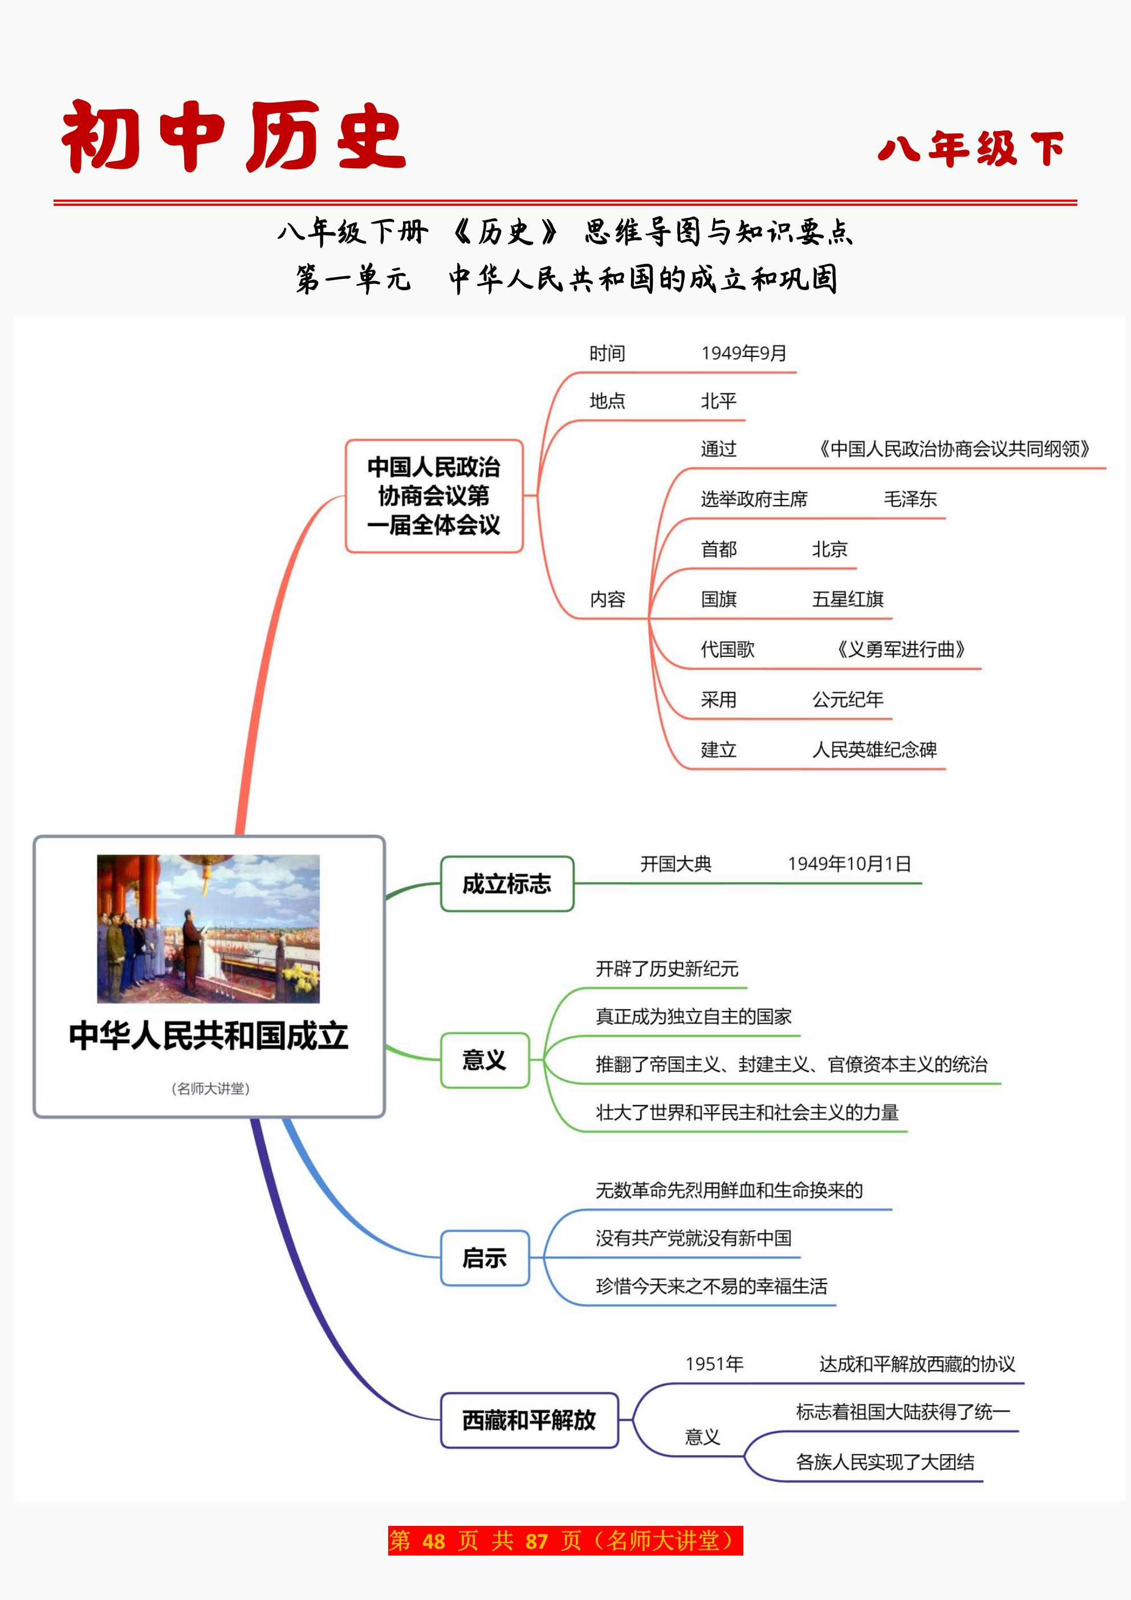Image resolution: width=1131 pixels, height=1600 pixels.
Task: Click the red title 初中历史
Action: click(234, 137)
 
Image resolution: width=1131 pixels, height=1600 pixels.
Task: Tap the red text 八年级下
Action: click(971, 148)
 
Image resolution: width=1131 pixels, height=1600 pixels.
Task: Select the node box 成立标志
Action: click(507, 884)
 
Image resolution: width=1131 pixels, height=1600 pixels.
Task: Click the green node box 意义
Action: click(485, 1060)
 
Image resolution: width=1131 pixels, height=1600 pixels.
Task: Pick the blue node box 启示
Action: click(485, 1258)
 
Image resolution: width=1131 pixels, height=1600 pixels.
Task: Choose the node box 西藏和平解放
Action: click(529, 1419)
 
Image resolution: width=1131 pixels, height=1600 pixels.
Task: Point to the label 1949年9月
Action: click(743, 354)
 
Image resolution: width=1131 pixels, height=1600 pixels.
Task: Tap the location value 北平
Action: click(718, 401)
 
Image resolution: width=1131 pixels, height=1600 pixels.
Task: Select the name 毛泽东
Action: click(910, 499)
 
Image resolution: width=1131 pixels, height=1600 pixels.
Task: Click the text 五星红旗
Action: click(847, 599)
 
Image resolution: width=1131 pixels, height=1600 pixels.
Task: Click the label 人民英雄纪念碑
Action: click(874, 749)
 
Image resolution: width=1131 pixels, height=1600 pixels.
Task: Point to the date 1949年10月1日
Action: click(849, 863)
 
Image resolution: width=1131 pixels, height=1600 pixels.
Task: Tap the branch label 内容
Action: click(607, 599)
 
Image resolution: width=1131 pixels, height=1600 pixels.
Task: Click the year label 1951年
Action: click(714, 1364)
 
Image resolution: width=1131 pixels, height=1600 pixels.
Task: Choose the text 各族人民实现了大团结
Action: click(885, 1461)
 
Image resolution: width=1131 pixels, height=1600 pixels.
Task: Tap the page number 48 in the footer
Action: click(433, 1541)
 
